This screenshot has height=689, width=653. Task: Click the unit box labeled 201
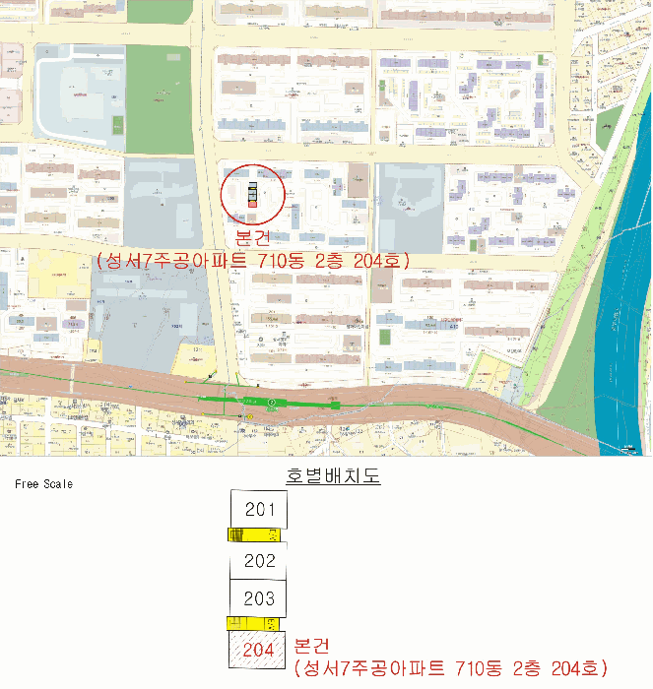pyautogui.click(x=260, y=510)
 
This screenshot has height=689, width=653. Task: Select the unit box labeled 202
pyautogui.click(x=260, y=561)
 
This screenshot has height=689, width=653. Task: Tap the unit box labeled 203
pyautogui.click(x=260, y=598)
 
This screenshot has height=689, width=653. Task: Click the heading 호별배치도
pyautogui.click(x=333, y=476)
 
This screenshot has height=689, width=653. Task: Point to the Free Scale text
pyautogui.click(x=43, y=484)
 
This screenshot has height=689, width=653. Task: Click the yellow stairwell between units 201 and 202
pyautogui.click(x=255, y=535)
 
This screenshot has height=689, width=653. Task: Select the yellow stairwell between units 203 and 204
pyautogui.click(x=253, y=624)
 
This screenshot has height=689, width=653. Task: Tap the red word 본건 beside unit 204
pyautogui.click(x=314, y=646)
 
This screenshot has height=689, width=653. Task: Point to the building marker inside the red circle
pyautogui.click(x=252, y=195)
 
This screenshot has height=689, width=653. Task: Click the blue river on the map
pyautogui.click(x=620, y=325)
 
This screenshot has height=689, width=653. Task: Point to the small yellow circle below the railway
pyautogui.click(x=249, y=416)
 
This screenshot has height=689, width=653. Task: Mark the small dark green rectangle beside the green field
pyautogui.click(x=118, y=126)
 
